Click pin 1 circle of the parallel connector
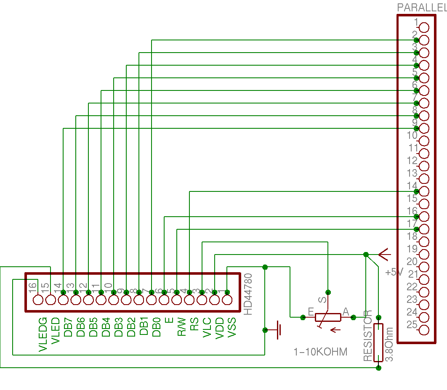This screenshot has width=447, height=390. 424,27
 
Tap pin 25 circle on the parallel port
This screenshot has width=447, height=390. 424,330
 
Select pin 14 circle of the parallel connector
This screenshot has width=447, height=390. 424,191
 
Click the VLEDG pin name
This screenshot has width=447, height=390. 43,334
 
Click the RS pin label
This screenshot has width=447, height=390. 194,324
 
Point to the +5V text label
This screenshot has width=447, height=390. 394,272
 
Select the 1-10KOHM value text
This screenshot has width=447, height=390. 321,352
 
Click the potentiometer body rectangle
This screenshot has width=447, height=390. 328,317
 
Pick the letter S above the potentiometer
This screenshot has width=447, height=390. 322,300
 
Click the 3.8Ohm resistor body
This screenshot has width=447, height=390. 379,342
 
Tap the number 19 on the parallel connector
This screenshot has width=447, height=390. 412,249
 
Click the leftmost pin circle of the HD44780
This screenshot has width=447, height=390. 38,300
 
